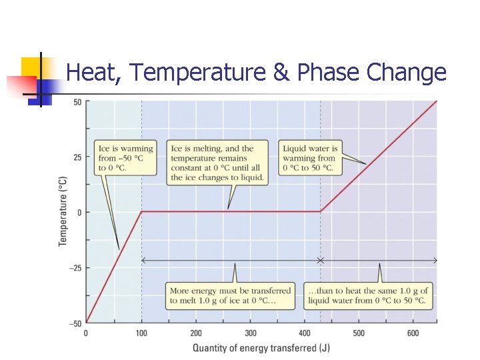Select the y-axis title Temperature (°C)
click(63, 211)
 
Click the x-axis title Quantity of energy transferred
click(261, 347)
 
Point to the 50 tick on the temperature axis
click(77, 102)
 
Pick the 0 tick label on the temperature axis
click(79, 213)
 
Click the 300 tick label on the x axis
click(251, 333)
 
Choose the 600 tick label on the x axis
click(413, 333)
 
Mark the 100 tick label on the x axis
click(141, 333)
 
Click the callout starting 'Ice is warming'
click(125, 158)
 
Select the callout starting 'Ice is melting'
click(217, 163)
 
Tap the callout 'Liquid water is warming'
click(310, 158)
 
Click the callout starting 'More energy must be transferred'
click(231, 295)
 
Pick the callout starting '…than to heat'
click(368, 295)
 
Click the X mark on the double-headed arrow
click(320, 260)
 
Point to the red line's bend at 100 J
click(141, 213)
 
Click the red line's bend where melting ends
click(320, 213)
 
